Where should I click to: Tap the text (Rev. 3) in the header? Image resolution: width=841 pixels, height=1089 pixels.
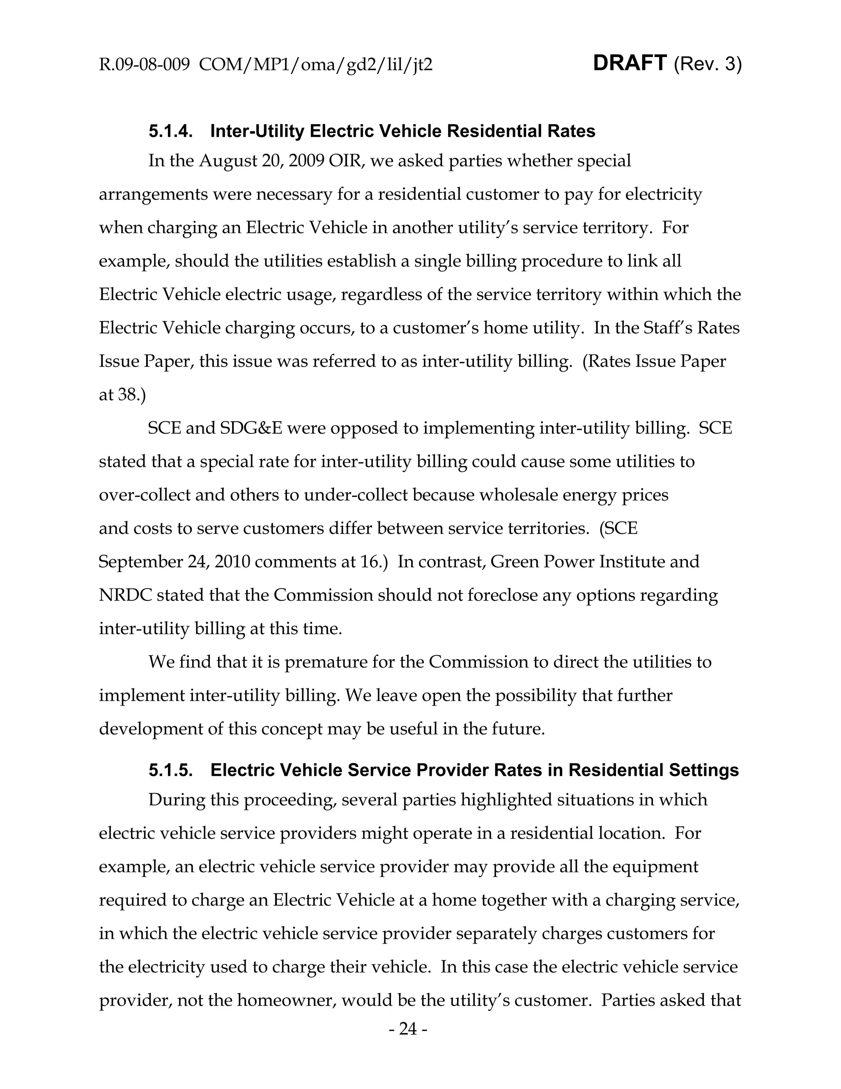(x=708, y=65)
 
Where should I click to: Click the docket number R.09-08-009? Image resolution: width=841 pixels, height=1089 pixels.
(x=144, y=65)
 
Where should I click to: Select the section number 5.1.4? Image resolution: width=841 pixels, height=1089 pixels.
(x=170, y=132)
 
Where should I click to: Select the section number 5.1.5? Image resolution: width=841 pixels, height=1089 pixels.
(x=170, y=771)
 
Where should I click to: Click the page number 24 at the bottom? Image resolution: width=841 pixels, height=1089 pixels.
(x=408, y=1029)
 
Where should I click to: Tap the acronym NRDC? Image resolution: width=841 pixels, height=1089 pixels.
(x=124, y=595)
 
